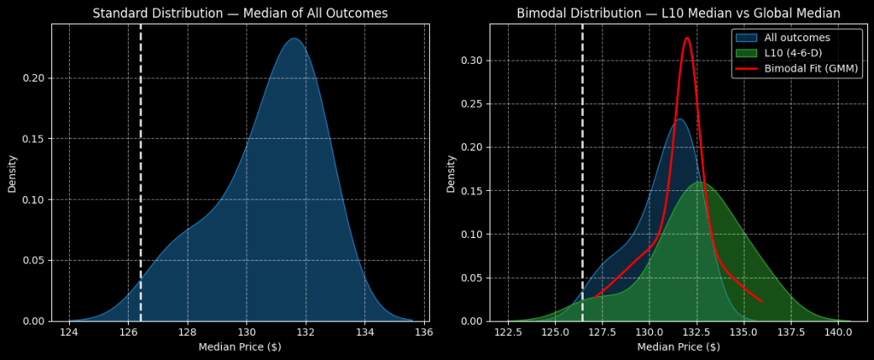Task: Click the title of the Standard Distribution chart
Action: pyautogui.click(x=240, y=13)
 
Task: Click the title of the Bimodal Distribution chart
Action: pyautogui.click(x=678, y=13)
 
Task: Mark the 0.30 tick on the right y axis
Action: pyautogui.click(x=471, y=61)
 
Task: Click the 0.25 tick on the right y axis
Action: pyautogui.click(x=471, y=104)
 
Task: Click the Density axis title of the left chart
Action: pyautogui.click(x=12, y=172)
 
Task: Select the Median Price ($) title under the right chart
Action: pyautogui.click(x=678, y=347)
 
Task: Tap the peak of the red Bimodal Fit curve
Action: pyautogui.click(x=687, y=38)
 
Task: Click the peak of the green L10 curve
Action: pyautogui.click(x=699, y=182)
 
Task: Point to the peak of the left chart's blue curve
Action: pyautogui.click(x=294, y=38)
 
